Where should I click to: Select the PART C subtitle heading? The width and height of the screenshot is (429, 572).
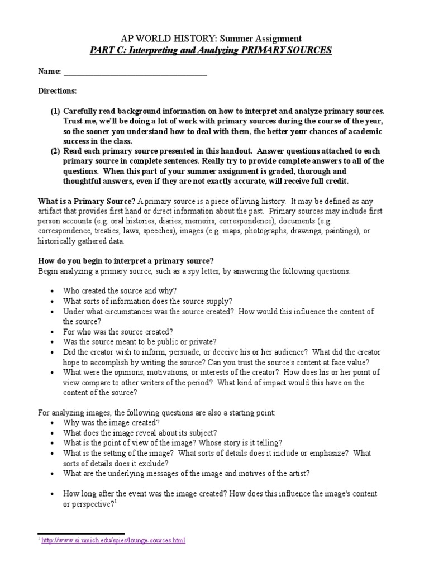click(211, 50)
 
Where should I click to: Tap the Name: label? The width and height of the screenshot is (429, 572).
click(49, 71)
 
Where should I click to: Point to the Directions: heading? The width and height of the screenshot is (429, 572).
click(57, 90)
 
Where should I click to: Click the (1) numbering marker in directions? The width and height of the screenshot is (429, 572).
click(55, 111)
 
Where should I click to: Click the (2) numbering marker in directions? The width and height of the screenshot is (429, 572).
click(55, 151)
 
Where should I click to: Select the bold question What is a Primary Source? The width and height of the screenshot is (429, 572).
click(86, 201)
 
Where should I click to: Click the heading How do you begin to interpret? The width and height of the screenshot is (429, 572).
click(126, 261)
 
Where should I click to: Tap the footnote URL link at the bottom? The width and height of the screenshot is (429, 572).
click(112, 541)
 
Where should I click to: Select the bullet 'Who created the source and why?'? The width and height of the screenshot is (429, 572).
click(120, 291)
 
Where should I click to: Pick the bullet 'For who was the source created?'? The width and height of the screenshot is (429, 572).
click(118, 331)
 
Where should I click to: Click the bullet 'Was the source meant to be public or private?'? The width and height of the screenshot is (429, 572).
click(140, 341)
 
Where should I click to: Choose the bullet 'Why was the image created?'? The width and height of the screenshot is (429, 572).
click(111, 423)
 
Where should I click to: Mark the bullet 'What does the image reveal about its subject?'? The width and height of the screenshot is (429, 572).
click(140, 433)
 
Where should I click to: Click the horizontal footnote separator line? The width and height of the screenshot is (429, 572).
click(81, 533)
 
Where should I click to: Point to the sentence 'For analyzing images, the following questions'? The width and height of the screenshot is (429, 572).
click(156, 412)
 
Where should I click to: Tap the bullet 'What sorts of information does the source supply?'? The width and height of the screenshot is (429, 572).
click(147, 301)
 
